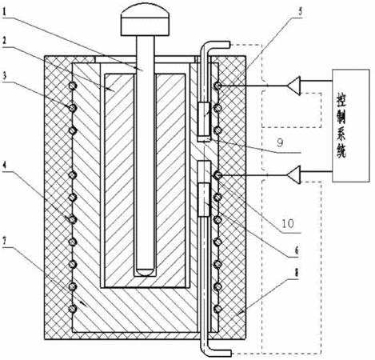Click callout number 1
point(5,12)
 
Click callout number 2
point(5,42)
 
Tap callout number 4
point(5,166)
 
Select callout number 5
point(300,12)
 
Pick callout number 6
point(297,250)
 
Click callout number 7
point(5,243)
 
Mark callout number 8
point(297,273)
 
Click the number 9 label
point(280,143)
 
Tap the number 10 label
point(288,223)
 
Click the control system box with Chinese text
point(351,126)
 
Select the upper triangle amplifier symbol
point(293,86)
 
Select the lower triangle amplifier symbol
point(293,174)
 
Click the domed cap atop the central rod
point(145,21)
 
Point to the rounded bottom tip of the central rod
point(146,272)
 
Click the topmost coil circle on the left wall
point(73,86)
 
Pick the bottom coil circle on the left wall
point(73,309)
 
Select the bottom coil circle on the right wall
point(218,309)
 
